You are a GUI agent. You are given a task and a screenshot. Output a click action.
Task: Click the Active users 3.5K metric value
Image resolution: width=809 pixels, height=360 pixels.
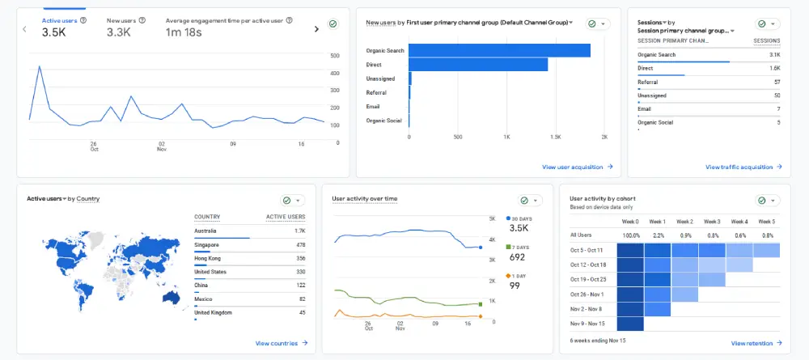coord(54,32)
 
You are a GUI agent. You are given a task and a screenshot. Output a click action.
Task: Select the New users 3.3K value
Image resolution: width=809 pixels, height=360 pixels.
coord(119,32)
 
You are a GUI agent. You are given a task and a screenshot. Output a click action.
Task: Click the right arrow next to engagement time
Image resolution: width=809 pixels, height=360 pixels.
coord(316,29)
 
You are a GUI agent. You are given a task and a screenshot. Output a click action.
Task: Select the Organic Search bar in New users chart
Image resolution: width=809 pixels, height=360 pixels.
coord(499,50)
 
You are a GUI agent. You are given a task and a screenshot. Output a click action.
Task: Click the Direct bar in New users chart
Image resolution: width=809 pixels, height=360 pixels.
coord(478,65)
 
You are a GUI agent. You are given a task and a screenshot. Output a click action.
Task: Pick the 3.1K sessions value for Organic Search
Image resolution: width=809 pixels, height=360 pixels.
coord(774,55)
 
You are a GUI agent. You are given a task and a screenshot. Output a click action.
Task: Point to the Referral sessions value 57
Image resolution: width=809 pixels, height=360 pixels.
coord(777,82)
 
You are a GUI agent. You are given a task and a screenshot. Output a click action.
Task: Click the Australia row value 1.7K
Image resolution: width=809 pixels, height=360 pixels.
coord(299,231)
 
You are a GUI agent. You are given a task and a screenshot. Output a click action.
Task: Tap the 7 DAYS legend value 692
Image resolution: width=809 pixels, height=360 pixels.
coord(518,257)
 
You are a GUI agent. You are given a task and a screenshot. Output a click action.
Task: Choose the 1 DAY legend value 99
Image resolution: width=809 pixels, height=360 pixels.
coord(515,286)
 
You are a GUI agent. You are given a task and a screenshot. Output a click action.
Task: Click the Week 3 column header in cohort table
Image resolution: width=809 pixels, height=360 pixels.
coord(712,221)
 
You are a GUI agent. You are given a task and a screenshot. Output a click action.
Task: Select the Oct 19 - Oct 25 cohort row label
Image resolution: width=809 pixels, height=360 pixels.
coord(588,279)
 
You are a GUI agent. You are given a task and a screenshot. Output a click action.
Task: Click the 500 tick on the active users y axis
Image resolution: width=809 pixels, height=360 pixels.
coord(335,56)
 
